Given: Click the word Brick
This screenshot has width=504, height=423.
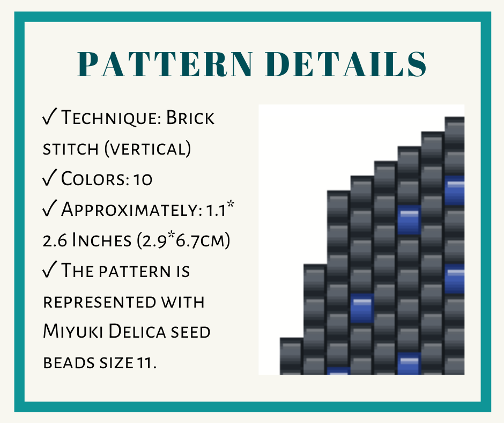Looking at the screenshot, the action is click(190, 118).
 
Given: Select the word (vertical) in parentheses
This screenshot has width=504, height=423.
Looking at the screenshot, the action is click(147, 148).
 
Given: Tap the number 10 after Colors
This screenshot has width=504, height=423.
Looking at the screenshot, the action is click(143, 179).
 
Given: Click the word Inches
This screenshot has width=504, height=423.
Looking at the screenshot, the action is click(101, 240).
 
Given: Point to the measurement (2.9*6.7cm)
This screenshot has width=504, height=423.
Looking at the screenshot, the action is click(183, 240).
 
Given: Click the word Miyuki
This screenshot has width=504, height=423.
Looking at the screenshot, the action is click(73, 332).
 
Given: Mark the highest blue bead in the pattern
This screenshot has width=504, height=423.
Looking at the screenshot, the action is click(455, 190).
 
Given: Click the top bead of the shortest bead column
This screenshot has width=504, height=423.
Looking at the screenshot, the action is click(291, 352).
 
